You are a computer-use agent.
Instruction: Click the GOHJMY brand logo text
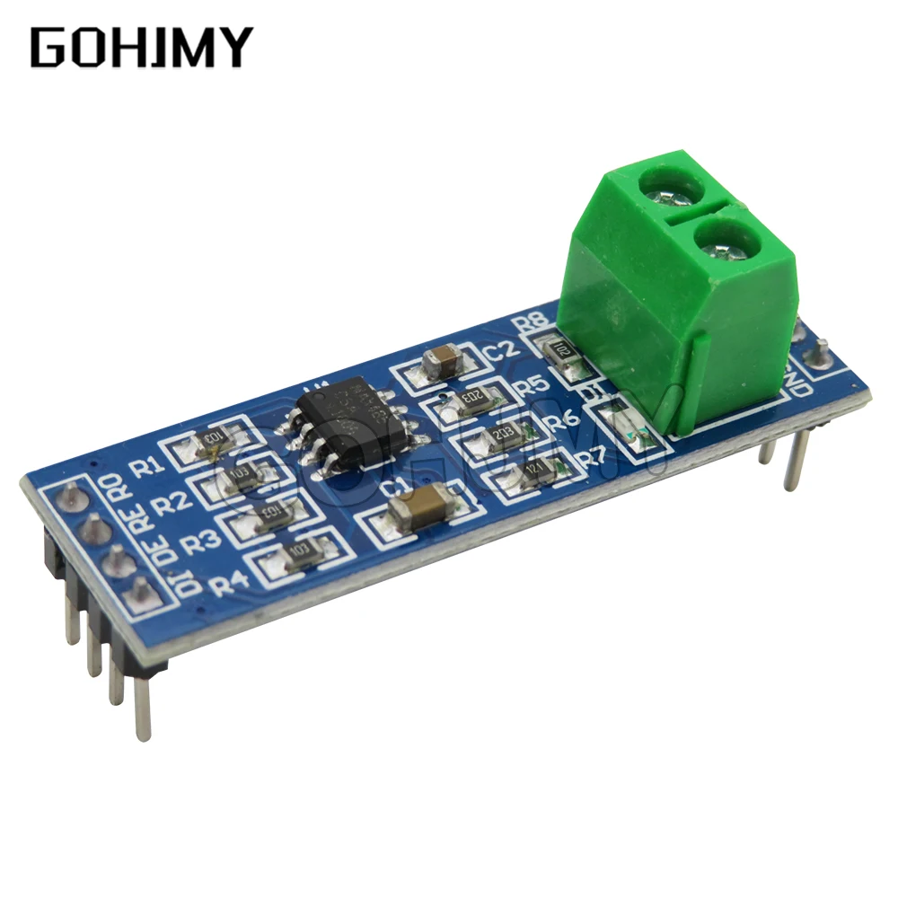142,48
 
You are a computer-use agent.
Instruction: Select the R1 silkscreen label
147,467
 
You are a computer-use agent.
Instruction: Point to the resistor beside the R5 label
470,398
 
